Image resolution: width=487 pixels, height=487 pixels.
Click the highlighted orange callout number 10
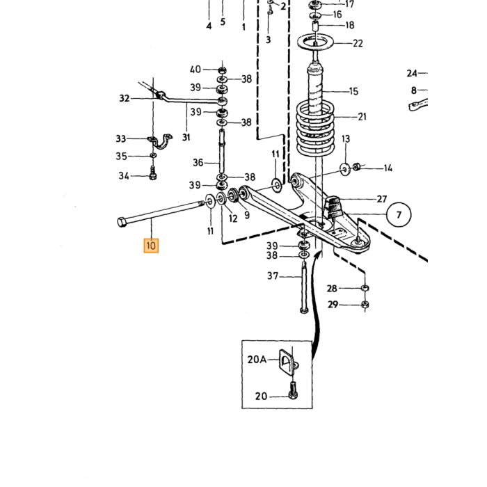(151, 246)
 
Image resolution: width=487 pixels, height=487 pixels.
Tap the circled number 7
(399, 214)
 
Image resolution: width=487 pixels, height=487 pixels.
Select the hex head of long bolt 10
(122, 222)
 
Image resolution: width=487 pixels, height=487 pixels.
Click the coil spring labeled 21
(316, 128)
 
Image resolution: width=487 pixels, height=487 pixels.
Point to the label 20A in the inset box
(257, 360)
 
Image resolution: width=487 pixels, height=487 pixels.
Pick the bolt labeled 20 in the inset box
(293, 390)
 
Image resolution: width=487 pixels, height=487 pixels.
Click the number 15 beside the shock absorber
(353, 91)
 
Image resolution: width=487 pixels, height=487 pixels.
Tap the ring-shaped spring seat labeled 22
(316, 42)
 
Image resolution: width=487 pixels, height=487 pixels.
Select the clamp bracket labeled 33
(161, 141)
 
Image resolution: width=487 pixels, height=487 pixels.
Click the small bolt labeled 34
(152, 173)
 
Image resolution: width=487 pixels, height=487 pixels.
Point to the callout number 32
(125, 99)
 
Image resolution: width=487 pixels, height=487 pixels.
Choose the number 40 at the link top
(195, 70)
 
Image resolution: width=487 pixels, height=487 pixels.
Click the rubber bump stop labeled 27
(334, 207)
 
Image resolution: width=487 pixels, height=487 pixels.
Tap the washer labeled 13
(345, 170)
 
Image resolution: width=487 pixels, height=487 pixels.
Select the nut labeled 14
(357, 167)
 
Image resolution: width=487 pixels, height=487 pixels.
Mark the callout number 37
(273, 276)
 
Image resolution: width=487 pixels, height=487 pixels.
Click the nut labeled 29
(365, 305)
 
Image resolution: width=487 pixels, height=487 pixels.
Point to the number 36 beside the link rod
(198, 162)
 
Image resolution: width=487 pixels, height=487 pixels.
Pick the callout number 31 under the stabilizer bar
(186, 137)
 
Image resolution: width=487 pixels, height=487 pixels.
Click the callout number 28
(332, 289)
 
